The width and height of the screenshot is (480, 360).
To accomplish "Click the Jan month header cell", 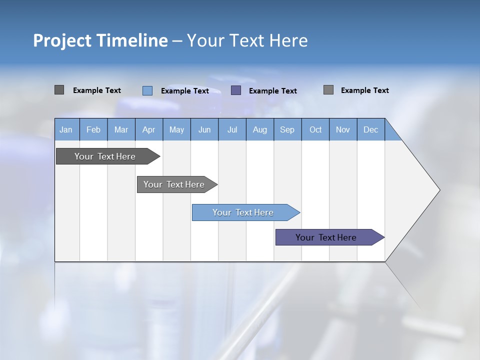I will point(66,129).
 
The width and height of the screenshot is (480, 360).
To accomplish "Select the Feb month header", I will point(93,129).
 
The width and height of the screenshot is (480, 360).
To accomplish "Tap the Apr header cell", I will point(149,129).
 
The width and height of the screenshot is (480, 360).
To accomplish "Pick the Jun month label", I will point(204,129).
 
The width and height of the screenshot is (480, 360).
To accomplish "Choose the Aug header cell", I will point(260,129).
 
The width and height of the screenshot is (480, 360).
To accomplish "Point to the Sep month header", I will point(287,129).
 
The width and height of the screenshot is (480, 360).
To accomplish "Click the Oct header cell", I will point(315,129).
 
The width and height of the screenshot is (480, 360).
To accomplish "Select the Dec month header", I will point(371,129).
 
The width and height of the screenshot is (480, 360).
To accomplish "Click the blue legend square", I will point(147,90).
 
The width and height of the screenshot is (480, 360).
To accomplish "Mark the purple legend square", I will point(236,90).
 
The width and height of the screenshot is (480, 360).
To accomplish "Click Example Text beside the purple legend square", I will point(273,91).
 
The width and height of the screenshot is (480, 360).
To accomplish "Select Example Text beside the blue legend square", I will point(185,91).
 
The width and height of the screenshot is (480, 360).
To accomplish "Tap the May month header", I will point(176,129).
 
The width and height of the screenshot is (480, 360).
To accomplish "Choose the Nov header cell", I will point(343,129).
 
